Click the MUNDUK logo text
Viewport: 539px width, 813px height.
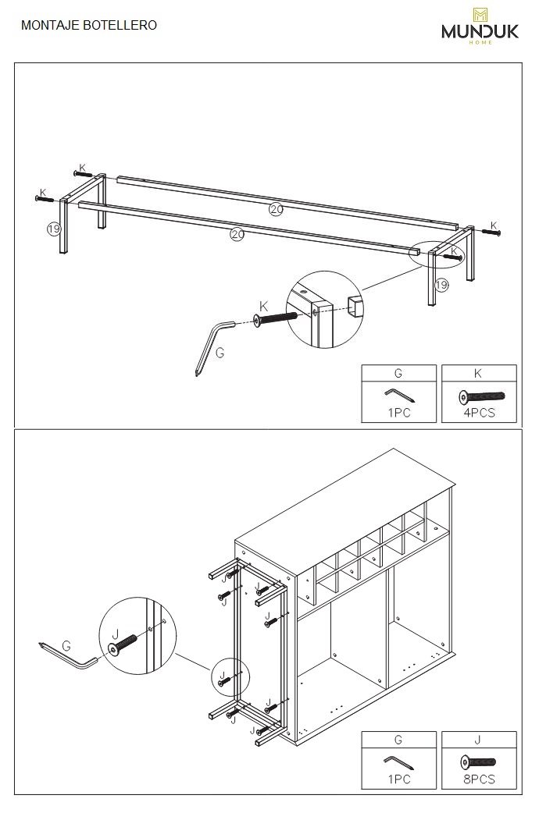[480, 30]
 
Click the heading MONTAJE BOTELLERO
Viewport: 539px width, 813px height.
[89, 25]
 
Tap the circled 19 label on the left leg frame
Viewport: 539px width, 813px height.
[53, 229]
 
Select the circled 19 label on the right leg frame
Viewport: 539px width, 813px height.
[441, 285]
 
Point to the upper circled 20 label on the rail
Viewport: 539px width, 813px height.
[276, 208]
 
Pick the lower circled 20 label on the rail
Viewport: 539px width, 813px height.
[237, 233]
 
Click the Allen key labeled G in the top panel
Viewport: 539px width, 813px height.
[212, 343]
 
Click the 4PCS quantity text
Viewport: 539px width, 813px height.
[479, 413]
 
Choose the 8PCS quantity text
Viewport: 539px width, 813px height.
[479, 779]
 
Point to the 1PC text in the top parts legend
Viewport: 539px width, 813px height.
[399, 413]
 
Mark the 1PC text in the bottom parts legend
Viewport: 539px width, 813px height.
[399, 779]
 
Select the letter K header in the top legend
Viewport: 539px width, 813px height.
[479, 374]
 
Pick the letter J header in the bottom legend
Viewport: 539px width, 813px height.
[479, 740]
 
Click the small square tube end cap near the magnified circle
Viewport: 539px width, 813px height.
[354, 306]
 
